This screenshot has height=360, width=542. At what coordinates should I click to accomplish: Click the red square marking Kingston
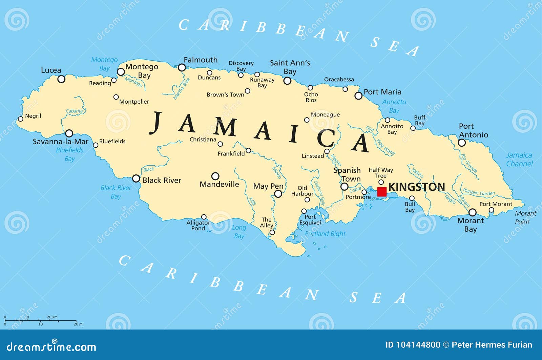(382, 192)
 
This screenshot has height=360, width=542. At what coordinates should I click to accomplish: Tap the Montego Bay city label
(142, 71)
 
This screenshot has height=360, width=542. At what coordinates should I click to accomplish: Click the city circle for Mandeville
(215, 176)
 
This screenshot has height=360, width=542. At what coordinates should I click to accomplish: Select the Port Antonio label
(473, 130)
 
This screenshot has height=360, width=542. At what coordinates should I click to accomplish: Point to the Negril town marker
(20, 119)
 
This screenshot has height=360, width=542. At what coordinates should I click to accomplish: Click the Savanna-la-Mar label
(60, 142)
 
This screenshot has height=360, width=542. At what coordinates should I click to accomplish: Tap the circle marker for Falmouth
(182, 67)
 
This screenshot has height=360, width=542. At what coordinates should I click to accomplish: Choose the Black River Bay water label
(116, 192)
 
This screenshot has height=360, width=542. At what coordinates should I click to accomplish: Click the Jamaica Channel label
(519, 159)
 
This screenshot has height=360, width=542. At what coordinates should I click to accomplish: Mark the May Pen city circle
(278, 194)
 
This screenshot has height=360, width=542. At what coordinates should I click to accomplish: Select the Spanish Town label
(348, 174)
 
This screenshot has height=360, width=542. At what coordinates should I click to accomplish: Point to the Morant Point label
(525, 217)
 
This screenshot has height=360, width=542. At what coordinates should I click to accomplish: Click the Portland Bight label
(325, 234)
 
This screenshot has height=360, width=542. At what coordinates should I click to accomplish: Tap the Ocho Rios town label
(311, 97)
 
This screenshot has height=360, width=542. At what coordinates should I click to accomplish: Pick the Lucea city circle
(61, 79)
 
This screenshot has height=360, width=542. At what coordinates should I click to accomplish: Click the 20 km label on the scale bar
(52, 317)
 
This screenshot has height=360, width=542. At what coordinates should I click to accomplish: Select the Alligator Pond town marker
(204, 217)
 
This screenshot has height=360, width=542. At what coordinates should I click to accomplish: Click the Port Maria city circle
(358, 96)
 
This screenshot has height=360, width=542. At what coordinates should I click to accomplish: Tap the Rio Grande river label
(469, 163)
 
